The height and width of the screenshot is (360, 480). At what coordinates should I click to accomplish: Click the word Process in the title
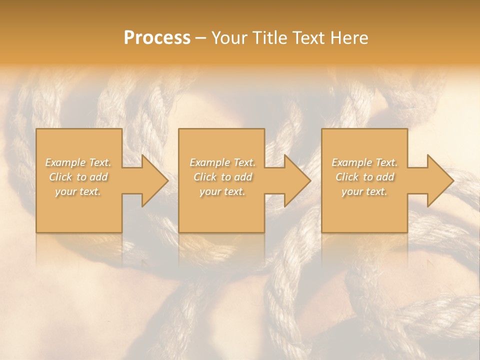157,38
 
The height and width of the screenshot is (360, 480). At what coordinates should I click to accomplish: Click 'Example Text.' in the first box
78,162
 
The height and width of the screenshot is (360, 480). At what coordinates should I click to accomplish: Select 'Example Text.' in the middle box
222,162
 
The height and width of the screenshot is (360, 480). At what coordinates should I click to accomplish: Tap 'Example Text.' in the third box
364,162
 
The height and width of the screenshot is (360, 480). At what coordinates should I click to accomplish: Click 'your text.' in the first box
78,191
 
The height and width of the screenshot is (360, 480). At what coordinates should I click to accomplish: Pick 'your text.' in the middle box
222,191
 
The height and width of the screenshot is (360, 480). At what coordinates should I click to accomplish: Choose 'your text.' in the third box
364,191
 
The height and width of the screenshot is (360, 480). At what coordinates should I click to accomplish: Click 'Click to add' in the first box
78,177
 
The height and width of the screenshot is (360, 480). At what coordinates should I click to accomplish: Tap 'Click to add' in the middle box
222,177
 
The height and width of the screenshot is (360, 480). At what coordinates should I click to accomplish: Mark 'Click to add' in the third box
364,177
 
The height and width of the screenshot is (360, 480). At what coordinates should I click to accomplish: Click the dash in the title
201,38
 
